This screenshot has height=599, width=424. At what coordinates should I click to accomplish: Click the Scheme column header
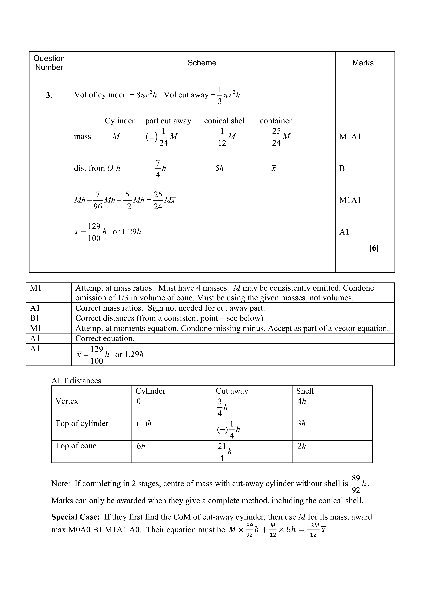coord(202,63)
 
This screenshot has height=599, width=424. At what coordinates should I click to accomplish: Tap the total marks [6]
coord(374,248)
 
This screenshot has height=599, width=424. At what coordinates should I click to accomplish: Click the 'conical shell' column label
coord(225,121)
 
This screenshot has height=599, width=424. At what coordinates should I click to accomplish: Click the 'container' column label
coord(276,121)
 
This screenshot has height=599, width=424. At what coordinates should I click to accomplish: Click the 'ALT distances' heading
coord(76,381)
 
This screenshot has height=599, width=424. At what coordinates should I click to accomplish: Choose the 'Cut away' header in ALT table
coord(232,391)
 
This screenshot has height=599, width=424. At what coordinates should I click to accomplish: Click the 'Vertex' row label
coord(67,401)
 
